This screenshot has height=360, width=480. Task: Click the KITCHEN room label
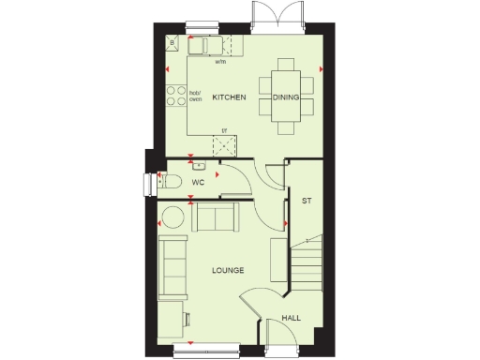point(229,97)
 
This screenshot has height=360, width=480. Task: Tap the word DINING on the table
point(286,97)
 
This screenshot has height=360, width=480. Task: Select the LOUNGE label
point(228,270)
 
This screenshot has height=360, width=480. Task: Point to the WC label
point(199,181)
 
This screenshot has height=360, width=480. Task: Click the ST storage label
point(306,201)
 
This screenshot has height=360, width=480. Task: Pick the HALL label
point(291,319)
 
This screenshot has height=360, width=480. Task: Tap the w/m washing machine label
point(220,62)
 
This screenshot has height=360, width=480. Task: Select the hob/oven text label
point(195,96)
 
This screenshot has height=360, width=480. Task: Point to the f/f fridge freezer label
point(224,129)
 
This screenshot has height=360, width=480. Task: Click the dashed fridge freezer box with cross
point(224,145)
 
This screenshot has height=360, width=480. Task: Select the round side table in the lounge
point(172,217)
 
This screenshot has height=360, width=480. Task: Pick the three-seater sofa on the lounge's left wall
point(172,266)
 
